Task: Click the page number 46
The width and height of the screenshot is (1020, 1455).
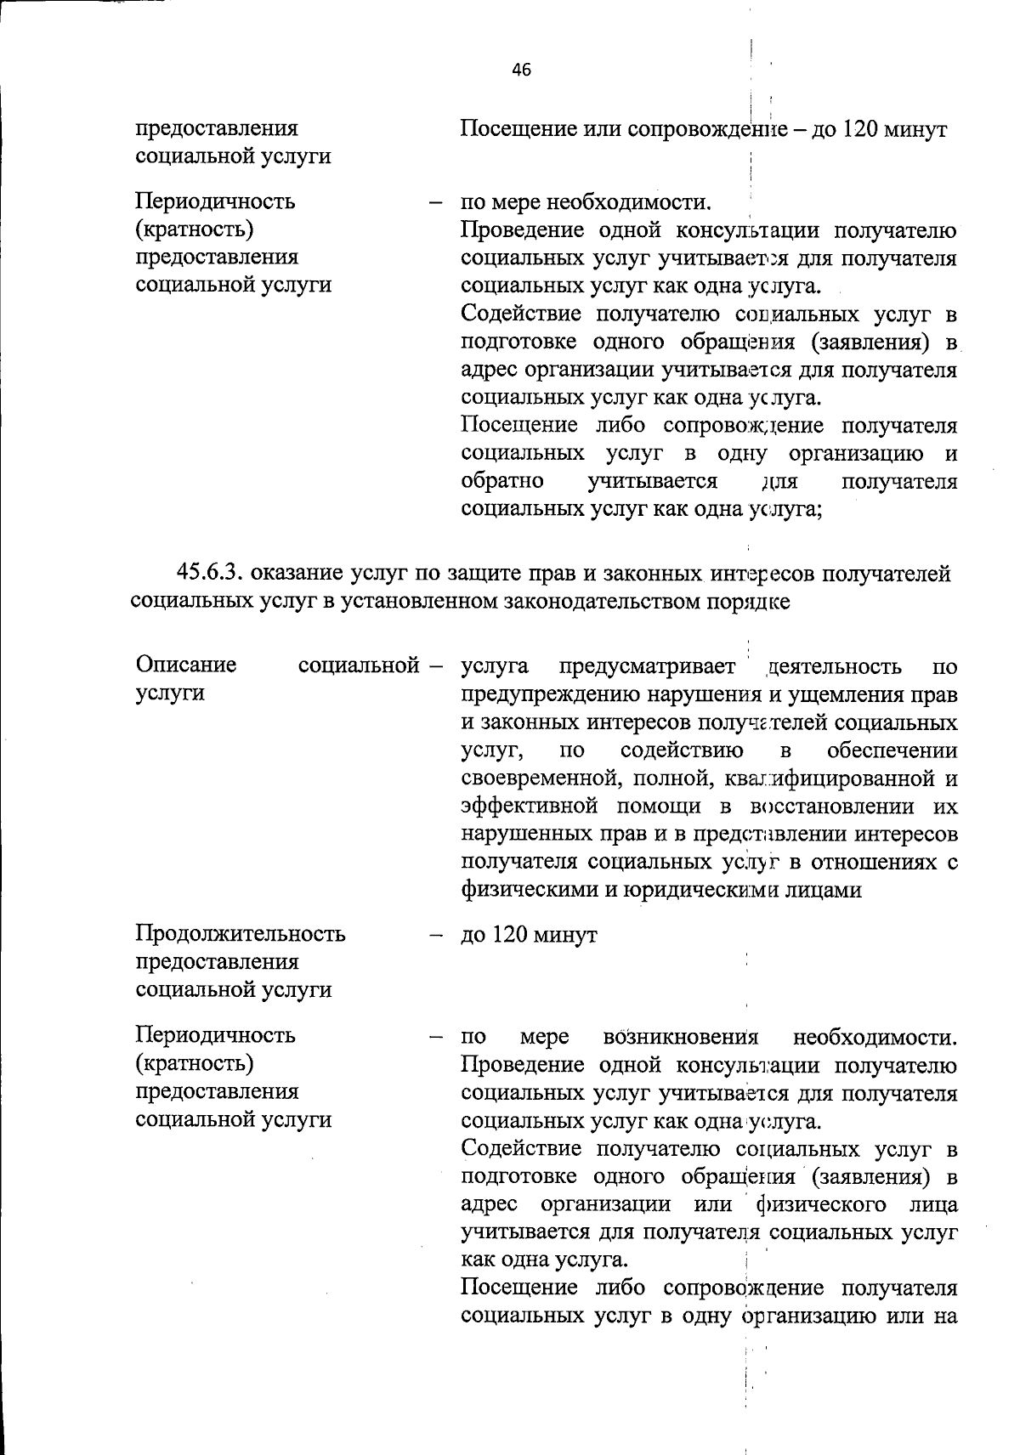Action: (x=521, y=71)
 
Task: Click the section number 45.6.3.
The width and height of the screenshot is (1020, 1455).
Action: (x=210, y=575)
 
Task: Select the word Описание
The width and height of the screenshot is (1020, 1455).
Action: (x=186, y=665)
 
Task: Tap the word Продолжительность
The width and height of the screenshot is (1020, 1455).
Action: (x=241, y=934)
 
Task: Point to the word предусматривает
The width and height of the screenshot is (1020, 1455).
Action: (x=648, y=666)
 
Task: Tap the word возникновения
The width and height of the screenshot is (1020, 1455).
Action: (x=680, y=1038)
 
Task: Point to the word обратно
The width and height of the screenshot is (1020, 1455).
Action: (x=502, y=481)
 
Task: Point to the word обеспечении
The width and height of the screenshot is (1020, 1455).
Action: (x=892, y=750)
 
